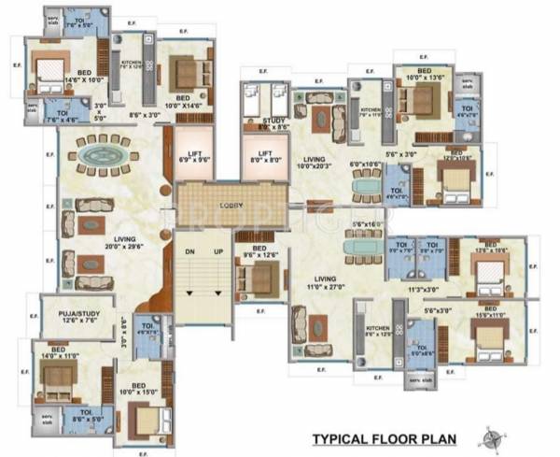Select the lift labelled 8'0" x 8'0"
click(x=264, y=157)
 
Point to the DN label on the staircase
click(x=189, y=252)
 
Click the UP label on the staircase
click(x=217, y=252)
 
